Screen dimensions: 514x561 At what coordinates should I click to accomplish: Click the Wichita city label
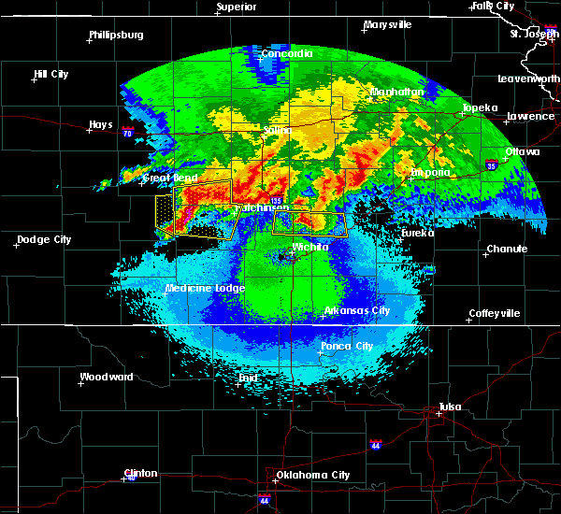pyautogui.click(x=309, y=247)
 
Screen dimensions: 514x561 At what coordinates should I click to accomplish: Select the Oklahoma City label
pyautogui.click(x=312, y=475)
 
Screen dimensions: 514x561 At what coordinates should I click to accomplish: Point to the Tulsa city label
pyautogui.click(x=451, y=407)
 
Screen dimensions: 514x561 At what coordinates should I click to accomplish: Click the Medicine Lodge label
pyautogui.click(x=205, y=288)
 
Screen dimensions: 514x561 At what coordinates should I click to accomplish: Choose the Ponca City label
pyautogui.click(x=346, y=346)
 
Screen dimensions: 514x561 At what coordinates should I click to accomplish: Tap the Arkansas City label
pyautogui.click(x=356, y=310)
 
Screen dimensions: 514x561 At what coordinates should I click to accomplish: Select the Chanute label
pyautogui.click(x=507, y=249)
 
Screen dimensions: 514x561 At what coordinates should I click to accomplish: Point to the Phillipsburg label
pyautogui.click(x=116, y=35)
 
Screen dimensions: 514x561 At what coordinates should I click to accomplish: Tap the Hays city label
pyautogui.click(x=101, y=124)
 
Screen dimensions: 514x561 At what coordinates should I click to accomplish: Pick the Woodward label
pyautogui.click(x=106, y=377)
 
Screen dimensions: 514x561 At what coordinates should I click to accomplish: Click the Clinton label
pyautogui.click(x=140, y=473)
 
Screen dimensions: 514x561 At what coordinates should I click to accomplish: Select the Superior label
pyautogui.click(x=237, y=7)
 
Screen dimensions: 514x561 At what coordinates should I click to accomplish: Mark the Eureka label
pyautogui.click(x=417, y=233)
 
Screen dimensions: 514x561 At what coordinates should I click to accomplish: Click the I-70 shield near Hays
pyautogui.click(x=127, y=134)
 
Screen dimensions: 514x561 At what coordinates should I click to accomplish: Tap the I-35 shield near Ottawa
pyautogui.click(x=491, y=165)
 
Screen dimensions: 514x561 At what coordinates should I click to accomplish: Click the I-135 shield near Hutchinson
pyautogui.click(x=276, y=200)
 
